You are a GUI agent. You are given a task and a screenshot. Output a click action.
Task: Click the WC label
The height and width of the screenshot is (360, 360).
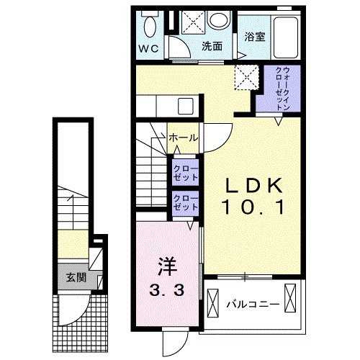point(149,49)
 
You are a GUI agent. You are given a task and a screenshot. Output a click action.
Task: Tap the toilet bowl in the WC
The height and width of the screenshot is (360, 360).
point(150,27)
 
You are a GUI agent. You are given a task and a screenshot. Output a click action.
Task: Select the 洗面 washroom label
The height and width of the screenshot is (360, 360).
point(212,46)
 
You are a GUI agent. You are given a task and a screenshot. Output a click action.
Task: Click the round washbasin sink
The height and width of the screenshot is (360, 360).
point(218,20)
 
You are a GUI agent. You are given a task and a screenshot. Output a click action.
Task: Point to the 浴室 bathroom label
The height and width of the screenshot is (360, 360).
point(255,37)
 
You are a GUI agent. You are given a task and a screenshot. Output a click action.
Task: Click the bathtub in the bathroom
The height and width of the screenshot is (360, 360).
point(286,37)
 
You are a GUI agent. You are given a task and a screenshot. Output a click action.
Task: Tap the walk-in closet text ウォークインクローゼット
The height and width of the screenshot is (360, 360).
point(282,89)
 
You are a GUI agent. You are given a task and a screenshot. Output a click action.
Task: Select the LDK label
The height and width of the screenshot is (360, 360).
point(254,186)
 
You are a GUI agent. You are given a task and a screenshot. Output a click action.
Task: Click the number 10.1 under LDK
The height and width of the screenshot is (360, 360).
point(254,207)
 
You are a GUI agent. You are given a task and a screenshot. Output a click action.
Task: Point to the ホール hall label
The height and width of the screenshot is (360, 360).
point(184,138)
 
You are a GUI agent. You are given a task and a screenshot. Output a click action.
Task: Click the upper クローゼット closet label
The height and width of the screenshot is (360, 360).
point(186,173)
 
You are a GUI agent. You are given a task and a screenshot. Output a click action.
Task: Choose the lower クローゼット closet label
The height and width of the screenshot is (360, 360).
point(186,202)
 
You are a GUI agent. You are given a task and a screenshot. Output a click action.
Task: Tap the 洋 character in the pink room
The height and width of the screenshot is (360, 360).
point(167,266)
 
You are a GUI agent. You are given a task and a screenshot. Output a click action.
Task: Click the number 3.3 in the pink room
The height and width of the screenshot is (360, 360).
point(167,290)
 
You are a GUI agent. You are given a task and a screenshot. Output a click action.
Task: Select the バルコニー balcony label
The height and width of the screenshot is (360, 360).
point(253,305)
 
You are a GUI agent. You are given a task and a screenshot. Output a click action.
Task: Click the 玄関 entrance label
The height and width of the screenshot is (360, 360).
point(76,278)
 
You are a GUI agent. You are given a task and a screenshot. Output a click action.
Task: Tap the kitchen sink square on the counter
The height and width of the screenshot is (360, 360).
point(186,106)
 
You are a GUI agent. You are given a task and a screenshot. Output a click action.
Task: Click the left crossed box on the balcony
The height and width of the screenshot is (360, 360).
point(213,303)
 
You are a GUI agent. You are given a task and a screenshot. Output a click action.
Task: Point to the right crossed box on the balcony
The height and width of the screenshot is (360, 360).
point(290,298)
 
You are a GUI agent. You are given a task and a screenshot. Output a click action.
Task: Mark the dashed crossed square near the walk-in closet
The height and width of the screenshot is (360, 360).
point(247,77)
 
